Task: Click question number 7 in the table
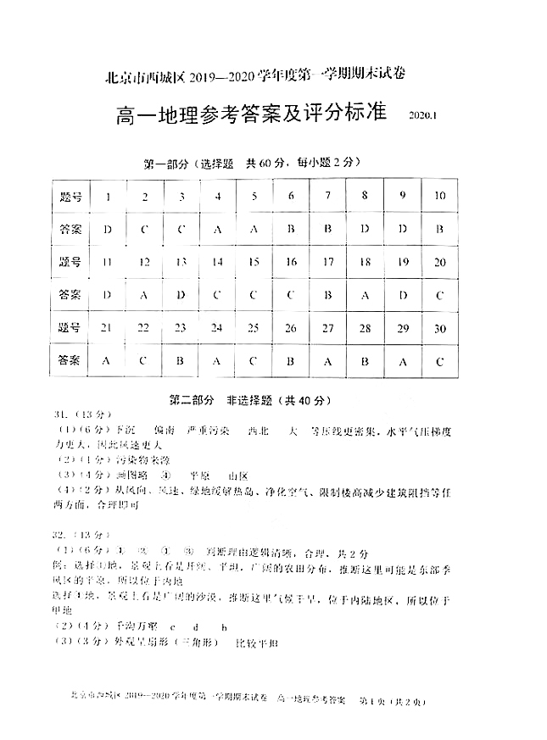[327, 197]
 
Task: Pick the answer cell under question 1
[108, 230]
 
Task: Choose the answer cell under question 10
[439, 230]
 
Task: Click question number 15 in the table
[254, 263]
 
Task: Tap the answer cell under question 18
[366, 295]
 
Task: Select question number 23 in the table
[181, 328]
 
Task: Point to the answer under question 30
[439, 360]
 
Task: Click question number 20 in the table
[439, 263]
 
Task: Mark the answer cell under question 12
[144, 295]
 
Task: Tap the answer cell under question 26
[291, 360]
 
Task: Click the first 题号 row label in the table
[71, 197]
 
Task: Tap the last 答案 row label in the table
[71, 360]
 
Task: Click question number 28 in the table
[366, 328]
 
